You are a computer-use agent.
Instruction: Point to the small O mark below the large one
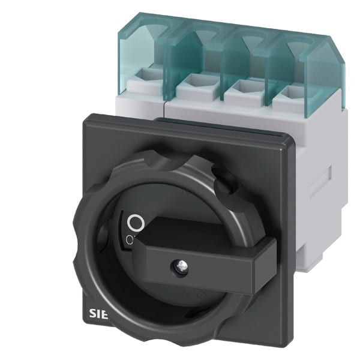click(x=130, y=240)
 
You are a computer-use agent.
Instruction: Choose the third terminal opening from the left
click(x=239, y=87)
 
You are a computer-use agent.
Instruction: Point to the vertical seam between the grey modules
click(x=166, y=102)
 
